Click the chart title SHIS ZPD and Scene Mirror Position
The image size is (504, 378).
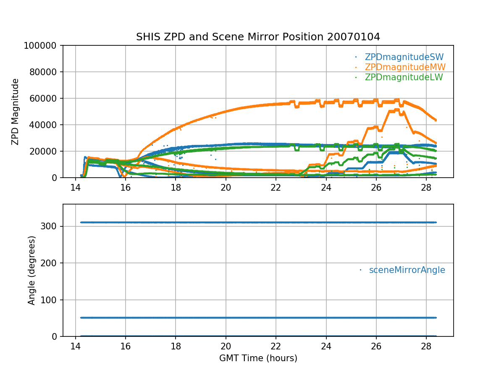click(x=258, y=37)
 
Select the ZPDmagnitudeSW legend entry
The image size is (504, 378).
click(x=404, y=57)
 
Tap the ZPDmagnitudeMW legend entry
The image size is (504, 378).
click(x=405, y=67)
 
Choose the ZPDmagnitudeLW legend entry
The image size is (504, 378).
click(x=404, y=77)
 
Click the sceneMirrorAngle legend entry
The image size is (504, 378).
click(x=407, y=270)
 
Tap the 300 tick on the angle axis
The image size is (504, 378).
click(x=50, y=226)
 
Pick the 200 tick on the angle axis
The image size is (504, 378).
click(x=50, y=263)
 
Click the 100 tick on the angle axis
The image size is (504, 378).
click(x=50, y=300)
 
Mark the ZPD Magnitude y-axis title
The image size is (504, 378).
click(x=15, y=112)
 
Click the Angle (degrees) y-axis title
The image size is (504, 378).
click(x=31, y=270)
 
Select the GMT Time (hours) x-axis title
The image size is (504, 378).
click(x=258, y=358)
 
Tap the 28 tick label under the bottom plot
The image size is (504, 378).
click(x=426, y=346)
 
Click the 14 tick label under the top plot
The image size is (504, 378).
click(x=76, y=187)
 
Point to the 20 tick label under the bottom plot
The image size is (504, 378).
click(x=226, y=346)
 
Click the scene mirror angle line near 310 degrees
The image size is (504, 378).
click(x=252, y=222)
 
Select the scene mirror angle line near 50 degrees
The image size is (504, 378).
click(x=252, y=318)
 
